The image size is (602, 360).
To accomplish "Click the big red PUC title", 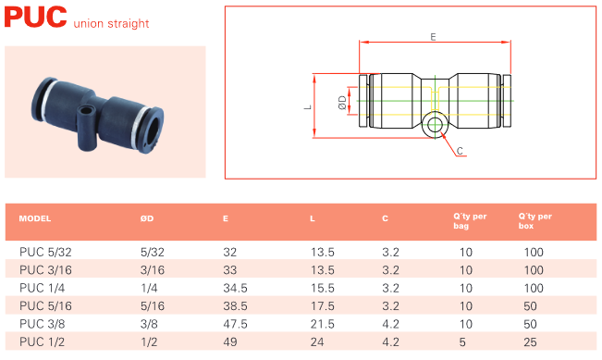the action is tap(35, 18).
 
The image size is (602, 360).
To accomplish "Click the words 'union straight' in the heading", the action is tap(111, 23).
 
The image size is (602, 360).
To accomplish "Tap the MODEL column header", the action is tap(35, 218).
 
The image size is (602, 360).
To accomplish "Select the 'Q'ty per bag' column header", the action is tap(470, 221).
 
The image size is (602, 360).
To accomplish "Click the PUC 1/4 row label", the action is tap(43, 288).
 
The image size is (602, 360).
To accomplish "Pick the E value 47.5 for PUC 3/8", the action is tap(235, 324).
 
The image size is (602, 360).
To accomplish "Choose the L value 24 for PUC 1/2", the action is tap(317, 341).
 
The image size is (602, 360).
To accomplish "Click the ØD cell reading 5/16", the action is tap(152, 305).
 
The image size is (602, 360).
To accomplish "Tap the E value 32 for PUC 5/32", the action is tap(229, 252).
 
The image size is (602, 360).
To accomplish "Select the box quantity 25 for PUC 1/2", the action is tap(530, 341).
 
